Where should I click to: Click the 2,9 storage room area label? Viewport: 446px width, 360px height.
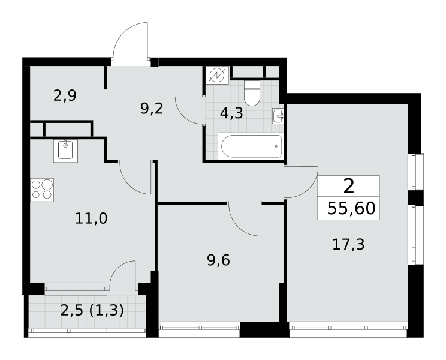(x=65, y=95)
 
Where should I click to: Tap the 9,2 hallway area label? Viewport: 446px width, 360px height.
(x=152, y=109)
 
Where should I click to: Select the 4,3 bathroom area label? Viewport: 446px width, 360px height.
(x=231, y=113)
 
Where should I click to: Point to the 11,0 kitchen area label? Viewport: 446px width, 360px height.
(x=91, y=218)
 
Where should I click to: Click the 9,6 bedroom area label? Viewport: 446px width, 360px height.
(x=218, y=260)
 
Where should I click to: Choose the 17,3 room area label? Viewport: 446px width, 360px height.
(x=348, y=244)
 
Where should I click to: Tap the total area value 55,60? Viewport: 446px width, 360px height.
(x=351, y=208)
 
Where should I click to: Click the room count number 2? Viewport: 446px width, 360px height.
(x=349, y=187)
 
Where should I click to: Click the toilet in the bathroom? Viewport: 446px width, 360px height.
(x=252, y=93)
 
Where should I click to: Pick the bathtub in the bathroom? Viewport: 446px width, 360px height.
(x=251, y=146)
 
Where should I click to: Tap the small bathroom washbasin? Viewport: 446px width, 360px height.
(x=278, y=116)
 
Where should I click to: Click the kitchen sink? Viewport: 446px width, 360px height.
(x=65, y=151)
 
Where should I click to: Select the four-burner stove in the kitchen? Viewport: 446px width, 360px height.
(x=42, y=190)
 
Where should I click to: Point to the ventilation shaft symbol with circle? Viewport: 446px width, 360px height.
(x=217, y=75)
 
